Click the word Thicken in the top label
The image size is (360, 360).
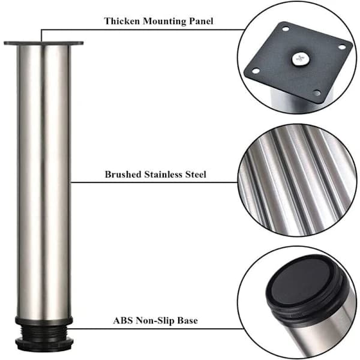(122, 21)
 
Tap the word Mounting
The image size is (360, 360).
(164, 22)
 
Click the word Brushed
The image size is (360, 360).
(123, 174)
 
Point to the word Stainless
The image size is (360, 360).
(163, 174)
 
